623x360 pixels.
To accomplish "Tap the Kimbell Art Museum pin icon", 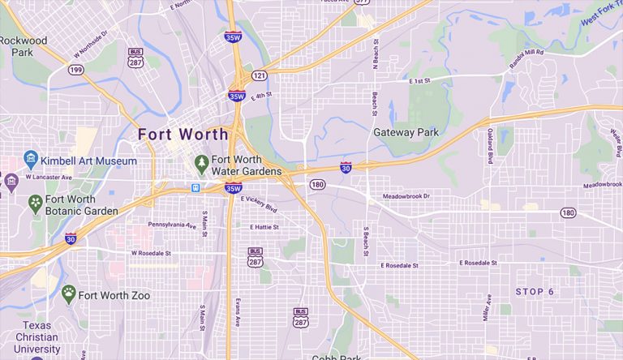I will click(31, 158).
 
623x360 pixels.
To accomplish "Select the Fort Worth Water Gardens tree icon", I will click(201, 164).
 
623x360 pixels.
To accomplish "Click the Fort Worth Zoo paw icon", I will click(69, 293).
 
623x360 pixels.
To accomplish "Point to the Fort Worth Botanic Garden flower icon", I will click(35, 202).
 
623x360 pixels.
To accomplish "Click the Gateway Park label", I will click(405, 132).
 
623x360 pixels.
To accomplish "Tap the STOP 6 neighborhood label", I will click(535, 291).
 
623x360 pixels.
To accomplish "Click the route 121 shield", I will click(259, 75).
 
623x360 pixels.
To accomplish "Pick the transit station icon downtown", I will click(195, 188).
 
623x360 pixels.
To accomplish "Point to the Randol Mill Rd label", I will click(527, 54).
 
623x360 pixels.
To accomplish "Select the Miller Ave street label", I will click(488, 307).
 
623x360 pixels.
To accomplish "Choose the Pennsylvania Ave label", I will click(173, 225).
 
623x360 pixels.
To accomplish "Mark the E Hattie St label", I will click(264, 227).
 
